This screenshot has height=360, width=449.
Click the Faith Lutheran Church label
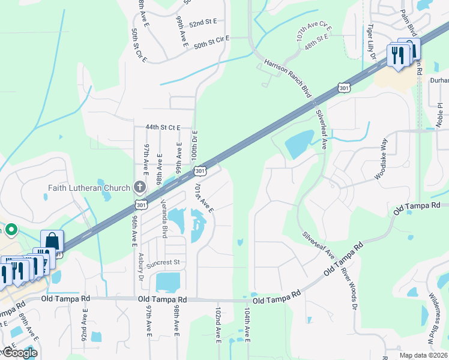[x=89, y=188]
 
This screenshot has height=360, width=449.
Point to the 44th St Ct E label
[x=163, y=127]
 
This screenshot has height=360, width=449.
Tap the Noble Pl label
[x=439, y=114]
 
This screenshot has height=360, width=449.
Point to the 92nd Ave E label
[x=86, y=326]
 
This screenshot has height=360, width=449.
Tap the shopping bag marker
[x=52, y=241]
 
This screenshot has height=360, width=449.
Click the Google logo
[x=20, y=353]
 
